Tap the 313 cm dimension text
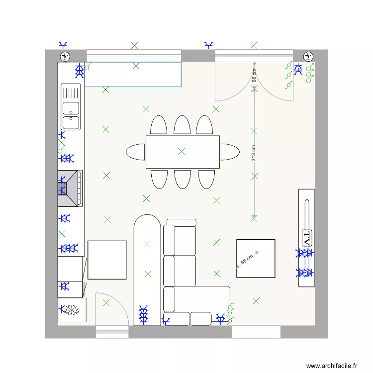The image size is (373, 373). (x=253, y=153)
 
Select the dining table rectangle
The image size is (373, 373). (x=183, y=152)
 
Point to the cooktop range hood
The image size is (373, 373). (x=70, y=188)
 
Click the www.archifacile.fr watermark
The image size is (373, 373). (x=332, y=366)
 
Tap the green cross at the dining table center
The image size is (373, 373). (x=182, y=151)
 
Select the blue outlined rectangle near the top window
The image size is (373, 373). (x=132, y=75)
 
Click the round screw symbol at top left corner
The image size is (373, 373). (x=65, y=55)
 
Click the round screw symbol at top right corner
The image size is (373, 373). (x=308, y=55)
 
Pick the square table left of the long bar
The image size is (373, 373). (x=107, y=260)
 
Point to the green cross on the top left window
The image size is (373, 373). (x=134, y=45)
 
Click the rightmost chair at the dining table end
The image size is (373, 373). (x=230, y=152)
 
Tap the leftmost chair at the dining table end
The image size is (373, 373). (x=136, y=152)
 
